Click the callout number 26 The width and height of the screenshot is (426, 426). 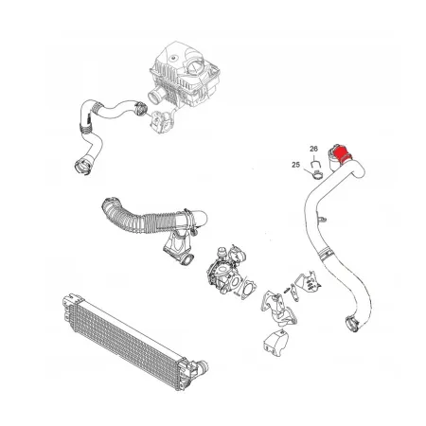pyautogui.click(x=314, y=150)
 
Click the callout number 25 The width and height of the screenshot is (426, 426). pyautogui.click(x=295, y=165)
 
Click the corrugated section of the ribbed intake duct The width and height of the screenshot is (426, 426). pyautogui.click(x=133, y=222)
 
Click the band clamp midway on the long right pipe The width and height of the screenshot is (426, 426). pyautogui.click(x=324, y=251)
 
